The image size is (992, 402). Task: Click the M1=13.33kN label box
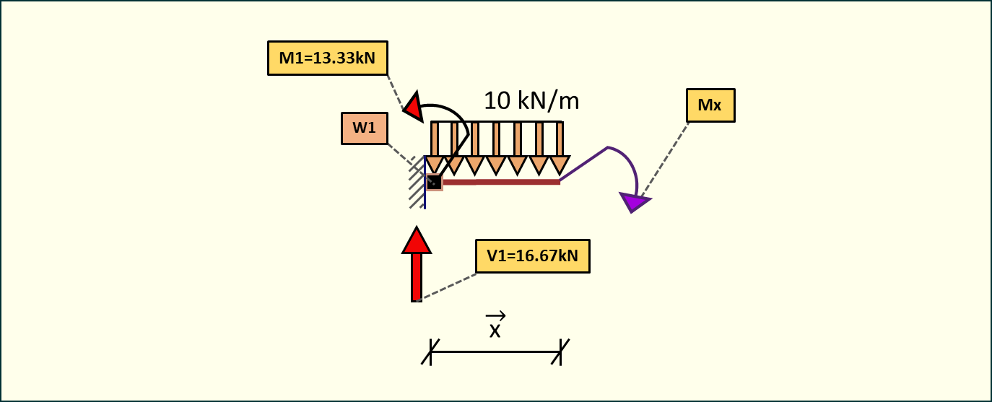click(327, 58)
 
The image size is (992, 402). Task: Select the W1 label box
click(364, 128)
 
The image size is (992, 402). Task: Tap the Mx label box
click(710, 106)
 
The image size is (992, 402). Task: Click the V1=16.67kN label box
click(533, 255)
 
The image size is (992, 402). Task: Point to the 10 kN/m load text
click(531, 100)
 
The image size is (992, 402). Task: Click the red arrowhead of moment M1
click(413, 108)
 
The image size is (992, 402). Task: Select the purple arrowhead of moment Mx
click(635, 203)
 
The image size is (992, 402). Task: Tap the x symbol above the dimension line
click(495, 328)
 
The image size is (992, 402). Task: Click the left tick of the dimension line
click(430, 351)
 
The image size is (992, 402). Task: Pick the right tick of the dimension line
click(561, 351)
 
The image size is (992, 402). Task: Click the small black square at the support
click(433, 182)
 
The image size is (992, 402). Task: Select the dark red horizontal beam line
click(505, 182)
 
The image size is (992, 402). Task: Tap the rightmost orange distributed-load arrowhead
click(560, 165)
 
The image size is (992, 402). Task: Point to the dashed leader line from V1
click(448, 286)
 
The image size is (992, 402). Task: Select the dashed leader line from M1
click(395, 92)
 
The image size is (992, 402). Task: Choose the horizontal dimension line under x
click(495, 352)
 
